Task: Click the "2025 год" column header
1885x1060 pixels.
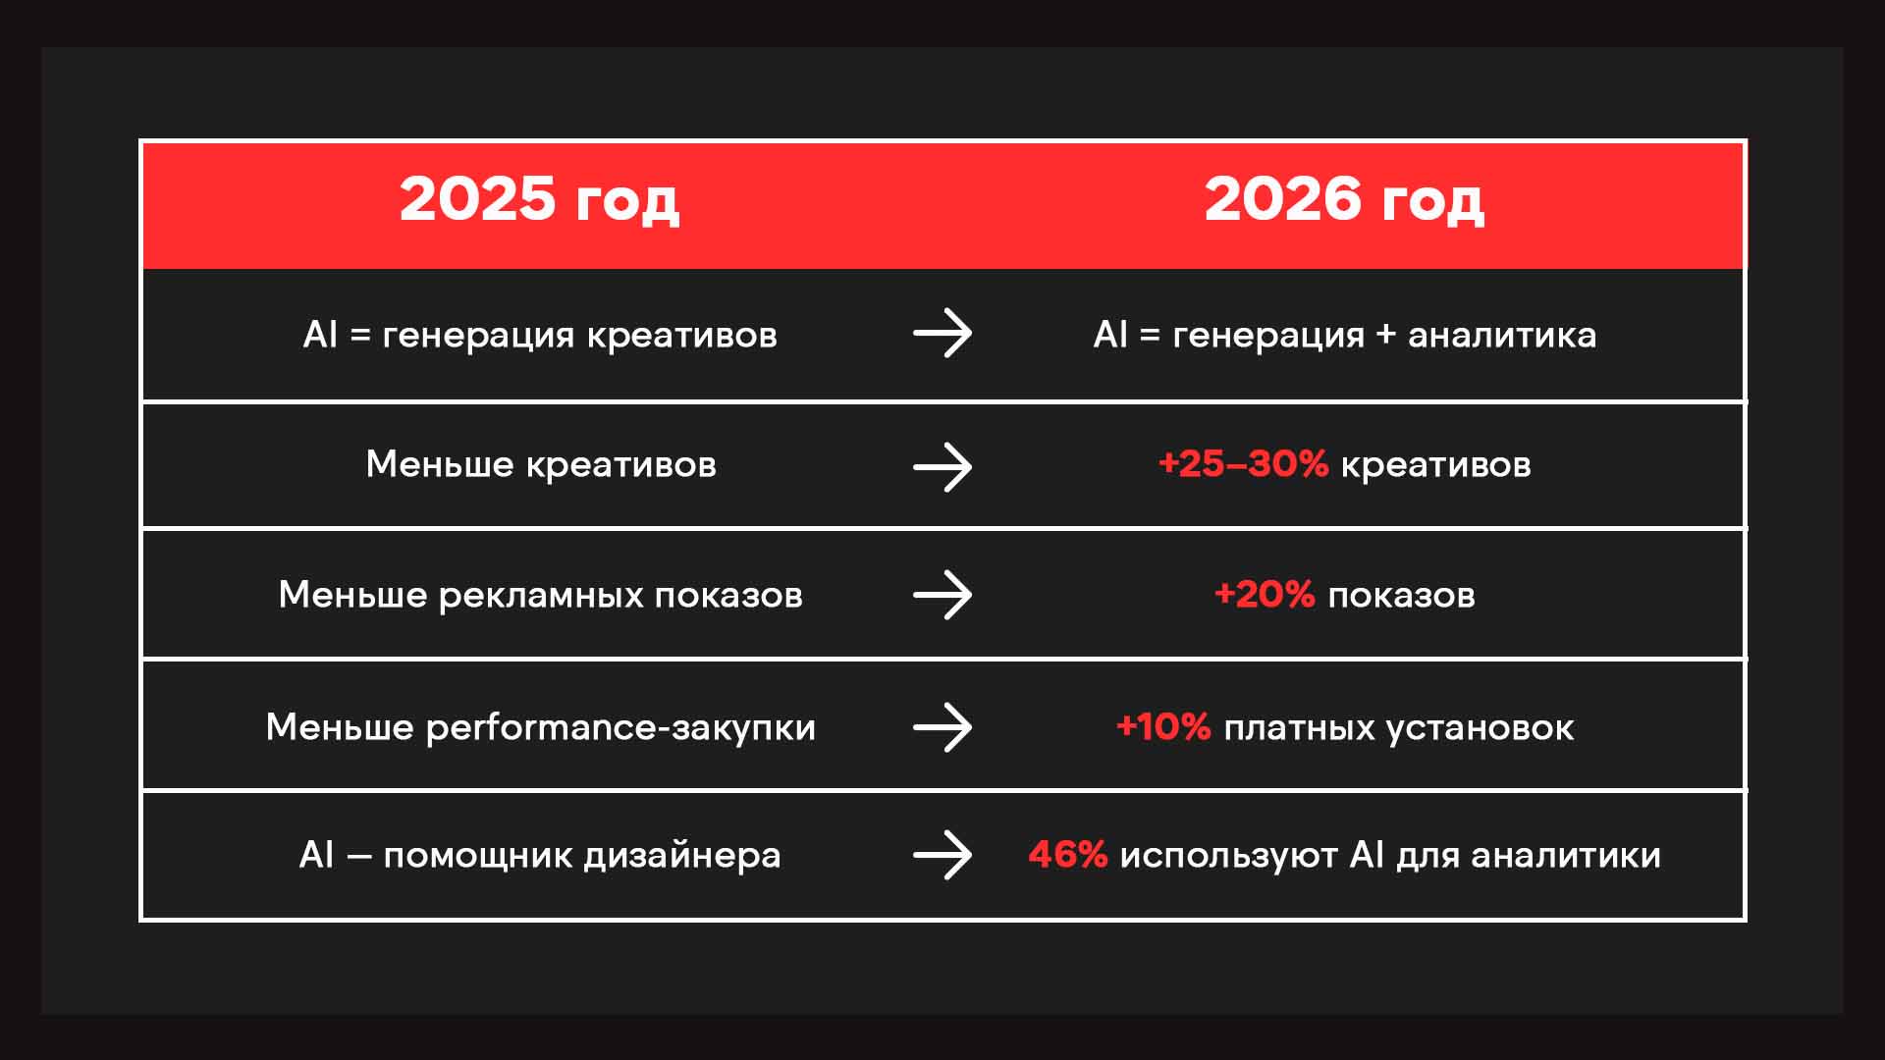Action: point(539,199)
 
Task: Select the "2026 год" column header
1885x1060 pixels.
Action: point(1344,199)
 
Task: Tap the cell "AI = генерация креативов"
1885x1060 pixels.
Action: point(540,335)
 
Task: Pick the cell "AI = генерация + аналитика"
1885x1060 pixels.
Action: point(1345,335)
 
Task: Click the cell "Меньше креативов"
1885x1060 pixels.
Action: point(541,464)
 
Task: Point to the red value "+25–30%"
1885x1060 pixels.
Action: point(1243,464)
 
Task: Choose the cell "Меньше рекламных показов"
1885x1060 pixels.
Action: point(541,595)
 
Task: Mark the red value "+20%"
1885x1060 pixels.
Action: point(1265,595)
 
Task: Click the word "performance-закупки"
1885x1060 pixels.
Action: point(620,727)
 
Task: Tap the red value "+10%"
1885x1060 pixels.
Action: point(1163,727)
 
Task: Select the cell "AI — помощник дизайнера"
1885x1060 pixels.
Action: point(540,855)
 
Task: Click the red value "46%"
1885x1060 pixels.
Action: point(1068,855)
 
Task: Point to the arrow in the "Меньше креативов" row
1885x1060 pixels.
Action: point(942,467)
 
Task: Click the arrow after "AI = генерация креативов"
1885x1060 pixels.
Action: point(942,334)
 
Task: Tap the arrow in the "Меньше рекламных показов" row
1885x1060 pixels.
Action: point(942,595)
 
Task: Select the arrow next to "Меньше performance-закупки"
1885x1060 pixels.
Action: point(942,727)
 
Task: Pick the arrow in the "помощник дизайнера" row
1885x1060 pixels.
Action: point(942,855)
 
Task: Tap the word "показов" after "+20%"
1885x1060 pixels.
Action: point(1401,596)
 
